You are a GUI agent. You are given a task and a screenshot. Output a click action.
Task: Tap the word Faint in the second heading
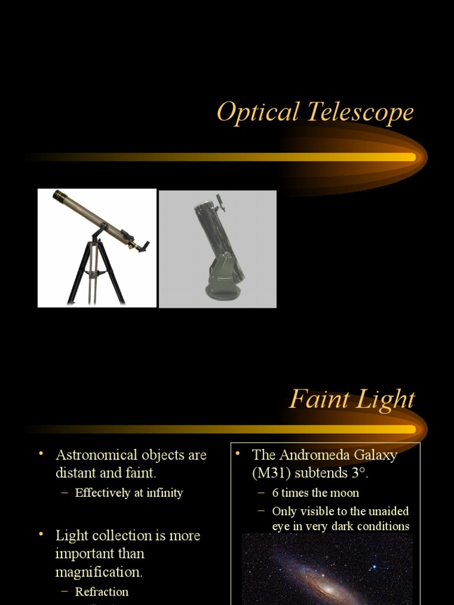(x=315, y=400)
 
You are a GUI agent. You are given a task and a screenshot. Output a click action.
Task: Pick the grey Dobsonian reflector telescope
(x=219, y=248)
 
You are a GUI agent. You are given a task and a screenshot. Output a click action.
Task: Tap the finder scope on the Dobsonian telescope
(x=220, y=202)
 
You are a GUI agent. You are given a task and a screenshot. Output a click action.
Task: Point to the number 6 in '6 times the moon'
(x=275, y=493)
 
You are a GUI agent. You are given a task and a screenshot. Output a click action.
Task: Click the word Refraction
(x=102, y=591)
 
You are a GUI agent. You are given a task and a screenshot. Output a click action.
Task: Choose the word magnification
(x=99, y=572)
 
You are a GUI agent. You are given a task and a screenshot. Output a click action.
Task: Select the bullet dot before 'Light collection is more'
(x=41, y=534)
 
